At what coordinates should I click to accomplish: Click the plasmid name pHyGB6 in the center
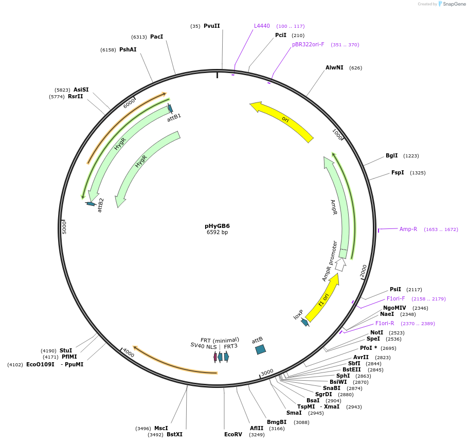click(217, 226)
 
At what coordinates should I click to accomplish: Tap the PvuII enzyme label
click(211, 26)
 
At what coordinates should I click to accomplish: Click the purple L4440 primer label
click(262, 26)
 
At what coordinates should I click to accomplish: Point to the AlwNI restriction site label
click(334, 67)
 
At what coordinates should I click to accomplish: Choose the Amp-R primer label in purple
click(408, 229)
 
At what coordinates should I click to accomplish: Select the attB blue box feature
click(261, 349)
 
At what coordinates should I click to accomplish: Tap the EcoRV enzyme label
click(233, 434)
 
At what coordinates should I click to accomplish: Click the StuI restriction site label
click(66, 350)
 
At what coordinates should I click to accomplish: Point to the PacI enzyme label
click(157, 37)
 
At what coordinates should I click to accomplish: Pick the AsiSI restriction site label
click(81, 90)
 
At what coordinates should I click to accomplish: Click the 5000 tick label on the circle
click(65, 227)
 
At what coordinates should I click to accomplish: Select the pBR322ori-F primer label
click(308, 44)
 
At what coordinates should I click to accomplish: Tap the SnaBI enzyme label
click(332, 388)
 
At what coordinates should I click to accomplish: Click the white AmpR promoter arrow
click(340, 265)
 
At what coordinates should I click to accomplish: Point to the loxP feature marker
click(305, 322)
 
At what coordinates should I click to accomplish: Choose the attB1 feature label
click(174, 118)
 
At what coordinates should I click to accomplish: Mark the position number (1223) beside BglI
click(411, 156)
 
